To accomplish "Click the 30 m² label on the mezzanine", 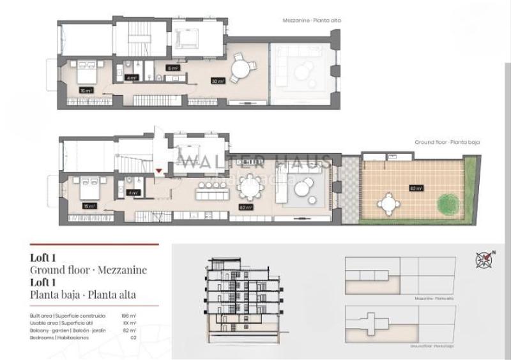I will coord(218,81).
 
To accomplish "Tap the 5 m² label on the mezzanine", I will coord(172,68).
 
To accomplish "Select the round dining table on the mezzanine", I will coord(241,67).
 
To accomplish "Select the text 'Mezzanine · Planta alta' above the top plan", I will coord(312,21).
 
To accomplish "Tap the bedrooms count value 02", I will coord(132,337).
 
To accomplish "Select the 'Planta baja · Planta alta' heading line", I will coord(83,295).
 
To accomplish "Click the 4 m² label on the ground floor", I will coord(133,193).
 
